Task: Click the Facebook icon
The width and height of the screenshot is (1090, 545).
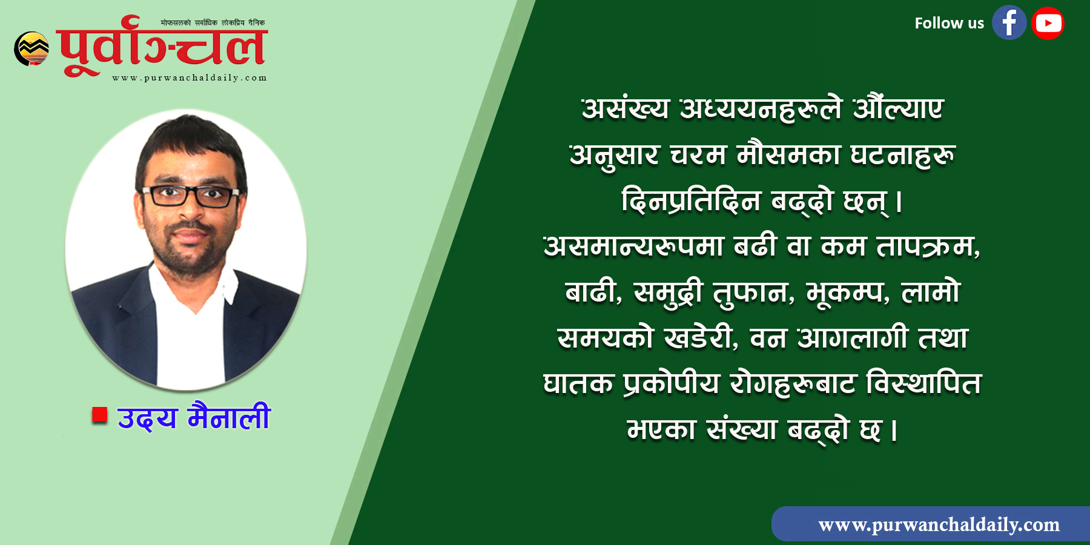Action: point(1009,23)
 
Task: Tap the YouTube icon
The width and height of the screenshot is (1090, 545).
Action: point(1048,23)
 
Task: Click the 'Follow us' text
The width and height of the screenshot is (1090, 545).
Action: point(949,23)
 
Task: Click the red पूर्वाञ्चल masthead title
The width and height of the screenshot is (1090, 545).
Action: point(162,47)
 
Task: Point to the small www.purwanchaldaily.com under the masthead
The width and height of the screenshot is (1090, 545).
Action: point(190,78)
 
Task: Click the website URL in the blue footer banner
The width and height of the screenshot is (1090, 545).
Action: point(939,524)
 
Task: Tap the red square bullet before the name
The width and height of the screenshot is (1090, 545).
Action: point(99,415)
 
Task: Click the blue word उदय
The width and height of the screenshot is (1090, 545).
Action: point(147,418)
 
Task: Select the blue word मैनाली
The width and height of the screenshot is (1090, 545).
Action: point(229,417)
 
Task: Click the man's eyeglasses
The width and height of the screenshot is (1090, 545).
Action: point(190,196)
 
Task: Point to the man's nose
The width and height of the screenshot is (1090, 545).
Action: point(188,212)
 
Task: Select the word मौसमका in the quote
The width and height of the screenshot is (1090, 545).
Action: point(788,154)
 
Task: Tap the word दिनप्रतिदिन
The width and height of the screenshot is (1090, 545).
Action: point(691,200)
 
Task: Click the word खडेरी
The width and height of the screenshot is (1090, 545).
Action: point(701,338)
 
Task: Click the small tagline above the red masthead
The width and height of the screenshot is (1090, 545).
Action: point(213,23)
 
